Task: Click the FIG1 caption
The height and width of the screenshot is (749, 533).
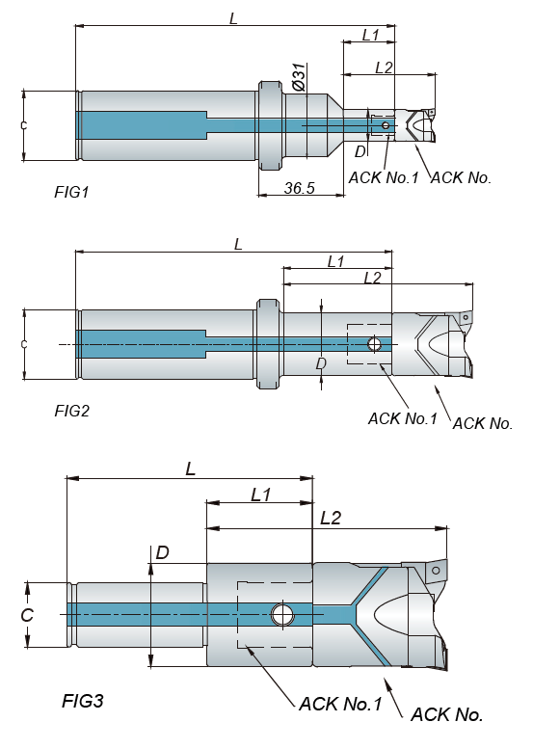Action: (71, 192)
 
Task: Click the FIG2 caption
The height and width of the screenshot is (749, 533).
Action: (71, 411)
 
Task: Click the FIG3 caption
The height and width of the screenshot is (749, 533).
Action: (83, 701)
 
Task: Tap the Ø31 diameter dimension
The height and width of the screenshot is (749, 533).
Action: (299, 77)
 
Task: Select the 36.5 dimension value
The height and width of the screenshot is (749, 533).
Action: (300, 188)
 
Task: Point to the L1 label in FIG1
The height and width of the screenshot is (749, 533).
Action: (371, 35)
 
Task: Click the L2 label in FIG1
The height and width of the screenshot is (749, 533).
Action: (384, 67)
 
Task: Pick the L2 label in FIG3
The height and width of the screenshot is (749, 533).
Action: (331, 518)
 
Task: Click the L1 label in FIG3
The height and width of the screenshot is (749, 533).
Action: (261, 495)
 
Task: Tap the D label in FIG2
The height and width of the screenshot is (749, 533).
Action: (321, 364)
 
